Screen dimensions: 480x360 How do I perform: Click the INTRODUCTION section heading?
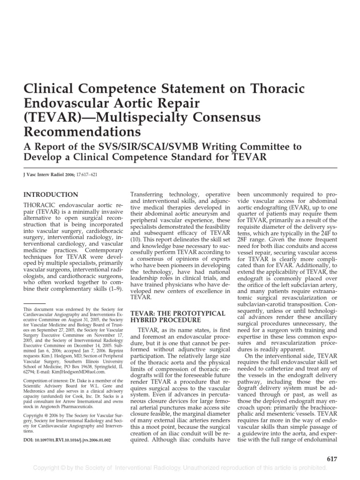coord(51,195)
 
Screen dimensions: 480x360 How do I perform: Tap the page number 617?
coord(331,459)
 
